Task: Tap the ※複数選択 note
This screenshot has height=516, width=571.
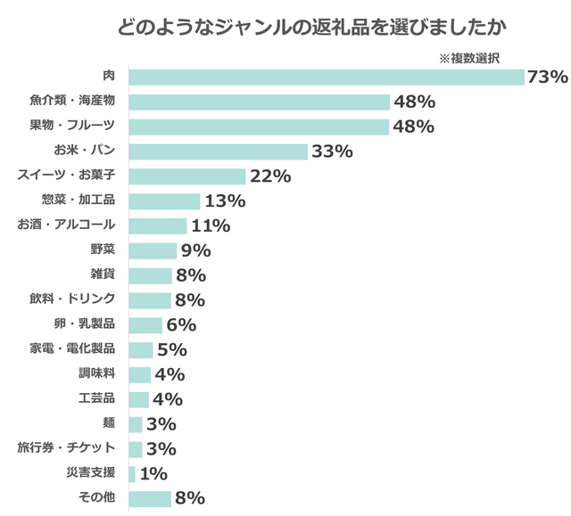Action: coord(468,57)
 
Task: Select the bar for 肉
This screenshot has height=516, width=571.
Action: coord(327,78)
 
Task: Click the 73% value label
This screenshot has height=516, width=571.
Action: coord(547,78)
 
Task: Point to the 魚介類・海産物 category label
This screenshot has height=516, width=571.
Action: coord(79,102)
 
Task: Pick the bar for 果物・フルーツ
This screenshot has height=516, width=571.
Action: coord(260,127)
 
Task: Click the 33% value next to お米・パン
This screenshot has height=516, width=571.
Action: coord(332,152)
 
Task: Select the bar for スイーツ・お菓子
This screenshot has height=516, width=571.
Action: coord(187,176)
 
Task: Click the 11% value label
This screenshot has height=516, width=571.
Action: coord(211,225)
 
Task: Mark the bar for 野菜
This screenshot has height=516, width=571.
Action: coord(153,250)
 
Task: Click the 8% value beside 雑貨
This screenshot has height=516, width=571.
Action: coord(191,275)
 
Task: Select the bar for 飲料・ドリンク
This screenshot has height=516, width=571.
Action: coord(150,299)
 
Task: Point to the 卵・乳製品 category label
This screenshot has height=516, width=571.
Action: coord(85,324)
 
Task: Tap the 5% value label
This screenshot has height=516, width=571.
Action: coord(171,349)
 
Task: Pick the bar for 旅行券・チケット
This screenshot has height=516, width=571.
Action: coord(136,448)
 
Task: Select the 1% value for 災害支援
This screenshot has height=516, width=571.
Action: coord(153,473)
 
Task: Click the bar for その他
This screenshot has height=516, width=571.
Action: coord(150,498)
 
